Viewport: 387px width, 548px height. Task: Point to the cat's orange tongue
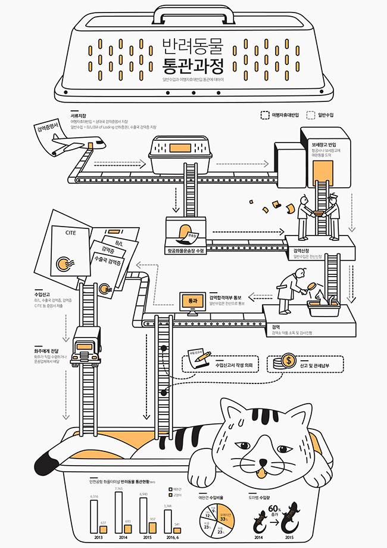259,473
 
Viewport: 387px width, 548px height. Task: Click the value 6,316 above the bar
93,496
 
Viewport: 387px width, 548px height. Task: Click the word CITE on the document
73,234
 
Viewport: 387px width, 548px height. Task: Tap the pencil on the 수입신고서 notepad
203,355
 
